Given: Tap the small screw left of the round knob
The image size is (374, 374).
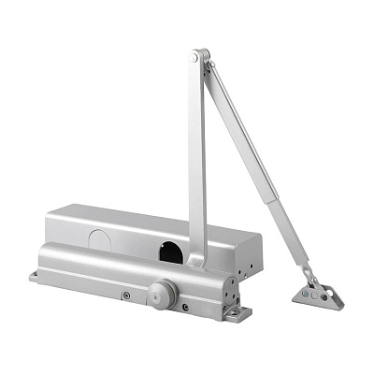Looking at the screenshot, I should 125,296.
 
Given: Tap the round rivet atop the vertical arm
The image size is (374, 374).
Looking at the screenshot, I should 194,59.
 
